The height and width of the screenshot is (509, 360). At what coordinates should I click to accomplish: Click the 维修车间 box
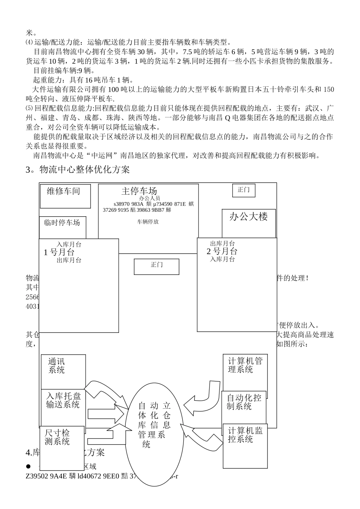tap(65, 196)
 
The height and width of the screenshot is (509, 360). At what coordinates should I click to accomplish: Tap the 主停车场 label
tap(139, 190)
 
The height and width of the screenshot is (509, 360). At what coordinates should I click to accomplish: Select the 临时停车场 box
tap(62, 227)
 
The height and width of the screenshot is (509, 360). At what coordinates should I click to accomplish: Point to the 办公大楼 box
tap(249, 223)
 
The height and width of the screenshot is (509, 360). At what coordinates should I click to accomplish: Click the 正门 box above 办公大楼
tap(243, 190)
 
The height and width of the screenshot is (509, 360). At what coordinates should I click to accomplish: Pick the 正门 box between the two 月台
tap(156, 266)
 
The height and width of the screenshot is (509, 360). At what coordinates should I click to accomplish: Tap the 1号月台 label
tap(59, 252)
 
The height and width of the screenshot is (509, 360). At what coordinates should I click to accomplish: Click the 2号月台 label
tap(222, 251)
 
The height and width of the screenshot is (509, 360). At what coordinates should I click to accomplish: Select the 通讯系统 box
tap(63, 371)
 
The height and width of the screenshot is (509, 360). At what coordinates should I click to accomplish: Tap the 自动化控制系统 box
tap(244, 407)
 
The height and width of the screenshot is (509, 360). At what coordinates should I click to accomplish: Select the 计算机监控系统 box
tap(245, 445)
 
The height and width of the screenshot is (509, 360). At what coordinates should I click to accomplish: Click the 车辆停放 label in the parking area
tap(148, 222)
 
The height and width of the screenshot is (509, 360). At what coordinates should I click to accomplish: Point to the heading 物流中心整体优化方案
tap(77, 170)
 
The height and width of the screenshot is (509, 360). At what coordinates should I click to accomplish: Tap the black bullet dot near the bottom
tap(28, 466)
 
